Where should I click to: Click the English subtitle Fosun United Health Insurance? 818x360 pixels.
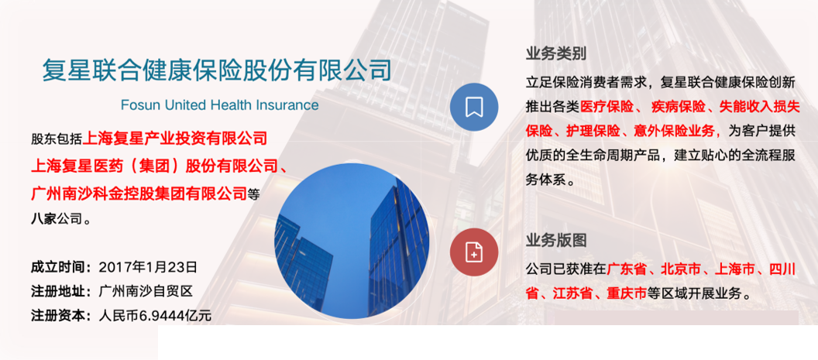(219, 105)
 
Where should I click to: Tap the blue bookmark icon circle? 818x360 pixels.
(473, 107)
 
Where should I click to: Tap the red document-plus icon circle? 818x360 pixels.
(473, 252)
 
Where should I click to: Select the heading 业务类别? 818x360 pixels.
(555, 54)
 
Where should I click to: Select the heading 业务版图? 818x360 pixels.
(555, 240)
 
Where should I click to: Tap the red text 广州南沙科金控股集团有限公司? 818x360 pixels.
(139, 193)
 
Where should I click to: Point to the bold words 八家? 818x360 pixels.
(43, 219)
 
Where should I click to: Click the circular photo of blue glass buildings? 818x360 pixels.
(352, 241)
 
